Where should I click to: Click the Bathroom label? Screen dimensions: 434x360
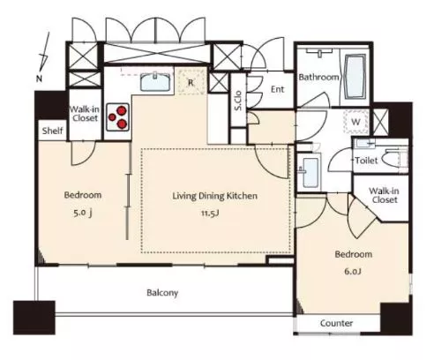[318, 78]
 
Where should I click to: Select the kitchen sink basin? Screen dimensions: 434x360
[155, 82]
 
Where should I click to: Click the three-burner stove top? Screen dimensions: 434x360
[118, 117]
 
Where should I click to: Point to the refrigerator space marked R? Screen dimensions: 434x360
[191, 82]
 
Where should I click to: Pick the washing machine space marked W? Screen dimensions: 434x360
[356, 122]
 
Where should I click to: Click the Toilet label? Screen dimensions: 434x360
[366, 161]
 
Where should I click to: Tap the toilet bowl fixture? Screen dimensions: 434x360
[394, 160]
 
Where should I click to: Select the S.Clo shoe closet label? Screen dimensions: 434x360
[238, 101]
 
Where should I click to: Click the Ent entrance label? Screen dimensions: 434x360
[277, 89]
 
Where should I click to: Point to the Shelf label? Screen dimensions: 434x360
[52, 131]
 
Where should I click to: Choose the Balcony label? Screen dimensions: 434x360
[162, 293]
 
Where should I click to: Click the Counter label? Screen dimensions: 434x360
[336, 323]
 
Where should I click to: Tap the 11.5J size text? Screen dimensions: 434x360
[210, 213]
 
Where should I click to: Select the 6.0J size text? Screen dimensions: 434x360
[353, 271]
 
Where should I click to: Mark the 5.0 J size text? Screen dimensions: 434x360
[83, 213]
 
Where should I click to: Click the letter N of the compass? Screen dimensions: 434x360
[39, 79]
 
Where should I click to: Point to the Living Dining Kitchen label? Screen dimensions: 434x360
[214, 196]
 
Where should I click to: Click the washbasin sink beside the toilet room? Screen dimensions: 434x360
[311, 173]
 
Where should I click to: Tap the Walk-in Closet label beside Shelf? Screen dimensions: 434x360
[85, 114]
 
